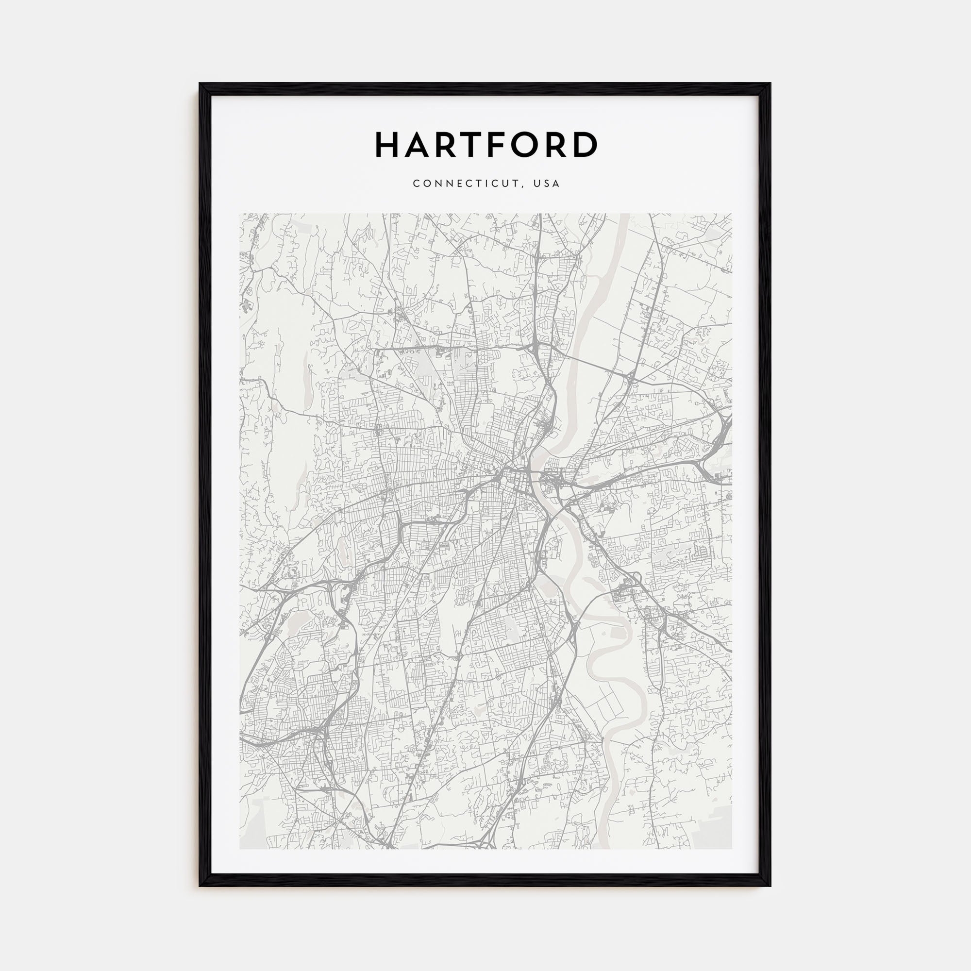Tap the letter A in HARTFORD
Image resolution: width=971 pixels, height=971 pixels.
tap(419, 145)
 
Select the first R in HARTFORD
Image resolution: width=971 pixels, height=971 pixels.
tap(448, 145)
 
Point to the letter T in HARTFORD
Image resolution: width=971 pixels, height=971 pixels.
tap(474, 145)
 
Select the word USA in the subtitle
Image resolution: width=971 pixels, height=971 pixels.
tap(547, 184)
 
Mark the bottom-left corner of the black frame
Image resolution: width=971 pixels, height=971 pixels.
tap(200, 886)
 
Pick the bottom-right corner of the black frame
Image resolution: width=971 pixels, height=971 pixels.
tap(770, 886)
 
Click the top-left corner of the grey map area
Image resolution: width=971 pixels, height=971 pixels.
tap(240, 214)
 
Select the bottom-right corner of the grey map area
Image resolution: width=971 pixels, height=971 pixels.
tap(731, 849)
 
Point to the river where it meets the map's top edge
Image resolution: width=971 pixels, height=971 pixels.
tap(623, 215)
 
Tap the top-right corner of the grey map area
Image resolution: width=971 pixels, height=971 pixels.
tap(731, 214)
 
